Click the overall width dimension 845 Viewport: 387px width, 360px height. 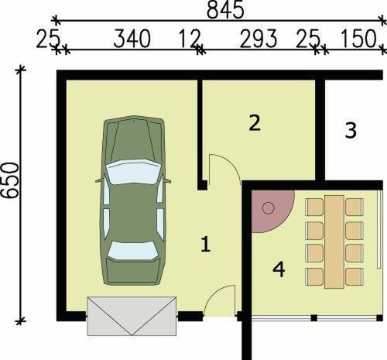pos(225,10)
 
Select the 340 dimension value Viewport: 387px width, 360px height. pos(132,39)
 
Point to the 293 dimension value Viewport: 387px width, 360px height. pos(259,39)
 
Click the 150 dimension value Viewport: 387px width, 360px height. pos(358,39)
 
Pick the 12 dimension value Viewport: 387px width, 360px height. pos(190,39)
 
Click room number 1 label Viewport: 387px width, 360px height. pos(206,245)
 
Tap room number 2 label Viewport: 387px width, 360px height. pos(255,123)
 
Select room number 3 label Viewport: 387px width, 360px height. pos(351,130)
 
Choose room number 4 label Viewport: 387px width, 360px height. pos(279,269)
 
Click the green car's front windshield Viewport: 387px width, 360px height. pos(133,171)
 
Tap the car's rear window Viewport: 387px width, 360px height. pos(132,251)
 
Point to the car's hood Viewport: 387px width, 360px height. pos(133,141)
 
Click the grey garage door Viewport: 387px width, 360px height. pos(132,316)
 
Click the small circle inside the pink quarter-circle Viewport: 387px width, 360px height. pos(269,208)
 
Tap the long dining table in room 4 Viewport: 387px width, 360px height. pos(334,242)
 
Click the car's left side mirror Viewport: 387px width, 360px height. pos(99,180)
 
